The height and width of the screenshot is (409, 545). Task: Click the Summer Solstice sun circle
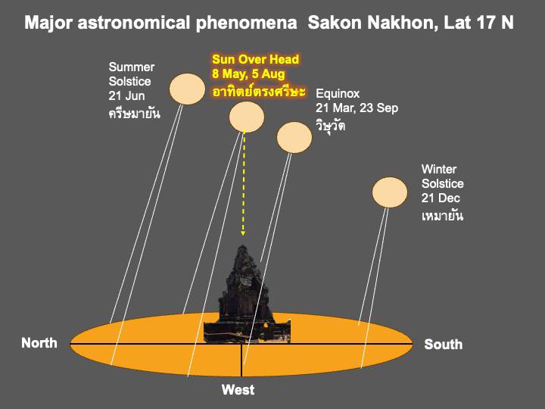point(187,89)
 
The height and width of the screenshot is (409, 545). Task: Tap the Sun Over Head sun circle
point(247,117)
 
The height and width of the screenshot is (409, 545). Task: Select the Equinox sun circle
point(294,137)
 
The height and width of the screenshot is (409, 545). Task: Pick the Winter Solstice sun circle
point(390,192)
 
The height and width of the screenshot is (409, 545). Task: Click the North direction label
point(39,343)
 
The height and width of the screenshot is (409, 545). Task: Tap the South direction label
point(443,345)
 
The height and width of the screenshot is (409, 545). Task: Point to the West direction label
point(238,390)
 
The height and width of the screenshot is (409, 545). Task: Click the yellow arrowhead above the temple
point(243,233)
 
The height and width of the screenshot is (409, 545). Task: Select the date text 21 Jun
point(126,95)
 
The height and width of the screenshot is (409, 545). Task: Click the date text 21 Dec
point(441,198)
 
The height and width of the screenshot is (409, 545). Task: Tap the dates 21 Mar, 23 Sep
point(357,108)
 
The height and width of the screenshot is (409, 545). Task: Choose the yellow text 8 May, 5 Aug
point(248,73)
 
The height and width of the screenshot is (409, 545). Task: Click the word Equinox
point(338,94)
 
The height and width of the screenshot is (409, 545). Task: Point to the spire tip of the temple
point(242,246)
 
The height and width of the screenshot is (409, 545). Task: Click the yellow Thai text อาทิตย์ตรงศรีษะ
point(259,91)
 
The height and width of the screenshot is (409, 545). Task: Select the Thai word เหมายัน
point(443,216)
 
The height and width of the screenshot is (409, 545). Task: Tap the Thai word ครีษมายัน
point(135,113)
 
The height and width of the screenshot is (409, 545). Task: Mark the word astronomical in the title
point(134,23)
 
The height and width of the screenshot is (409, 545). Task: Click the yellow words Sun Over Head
point(256,59)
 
